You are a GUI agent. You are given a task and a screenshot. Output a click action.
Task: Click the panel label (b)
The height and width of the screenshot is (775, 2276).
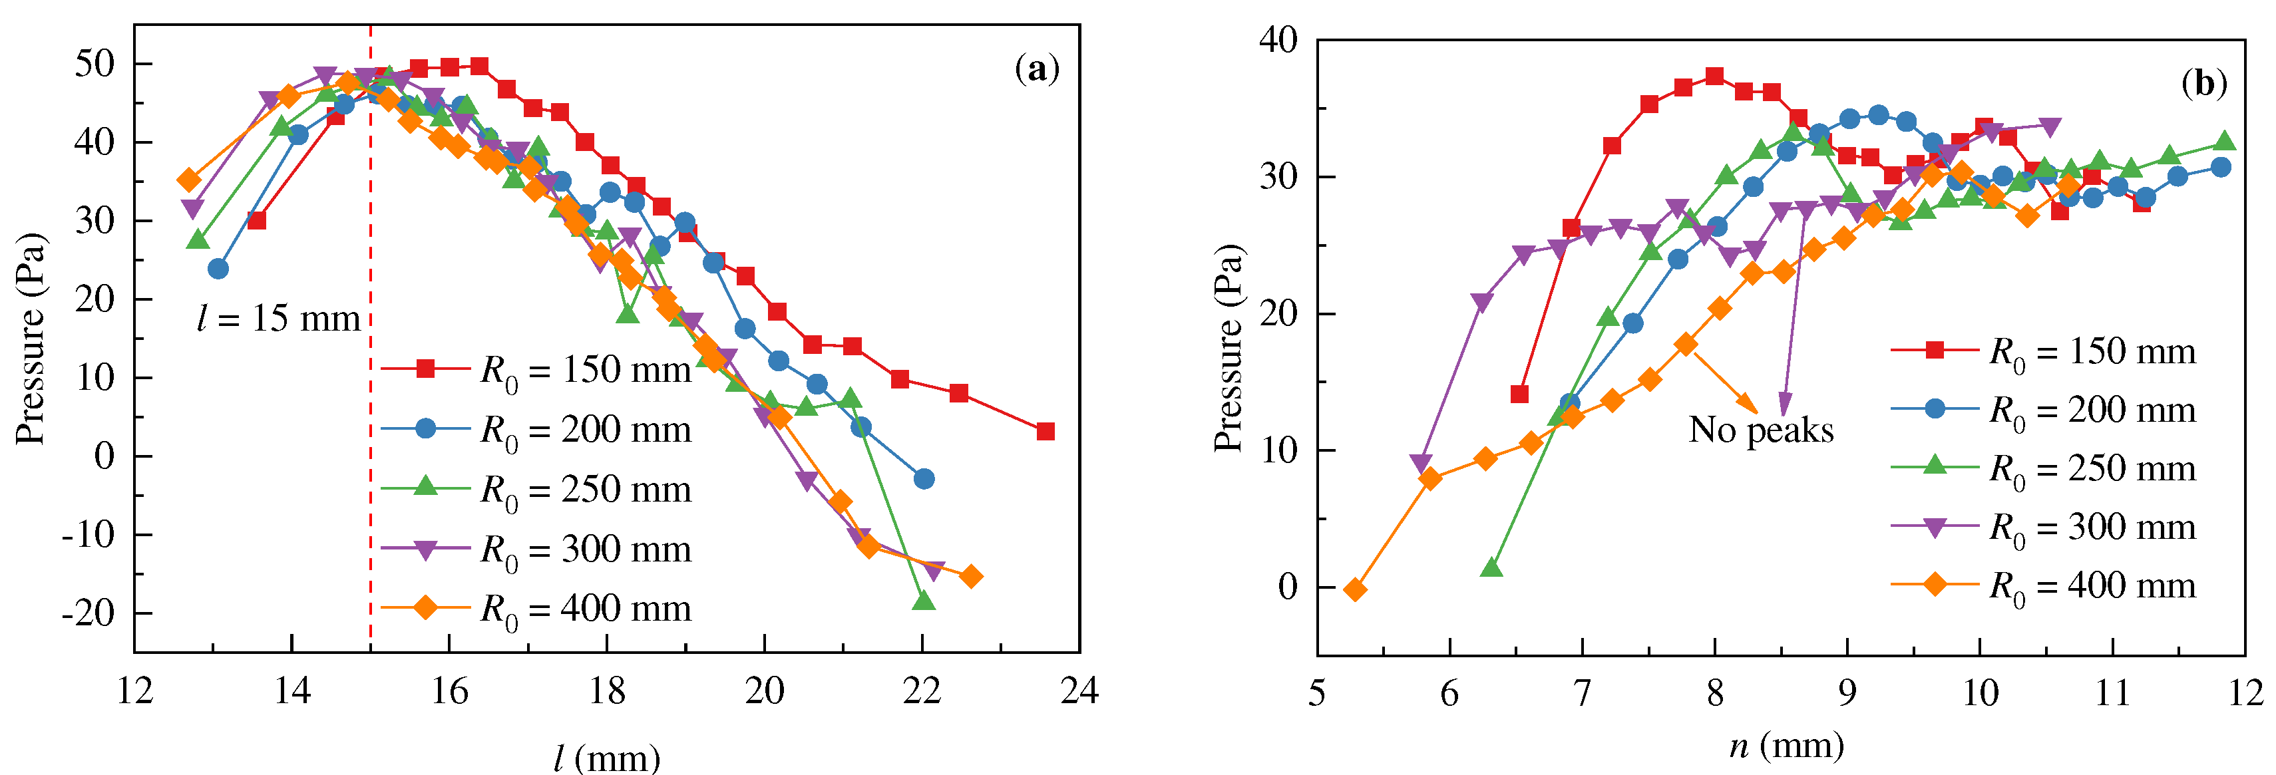click(x=2203, y=83)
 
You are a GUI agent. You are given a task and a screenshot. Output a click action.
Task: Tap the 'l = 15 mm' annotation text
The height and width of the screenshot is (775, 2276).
click(x=278, y=318)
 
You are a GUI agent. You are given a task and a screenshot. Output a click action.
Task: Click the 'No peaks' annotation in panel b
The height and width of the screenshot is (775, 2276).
click(x=1761, y=430)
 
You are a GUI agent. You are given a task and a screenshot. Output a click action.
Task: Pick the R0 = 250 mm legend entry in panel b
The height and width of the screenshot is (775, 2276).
click(x=2043, y=468)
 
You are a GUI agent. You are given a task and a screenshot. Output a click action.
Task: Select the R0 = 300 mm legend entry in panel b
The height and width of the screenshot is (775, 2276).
click(x=2043, y=528)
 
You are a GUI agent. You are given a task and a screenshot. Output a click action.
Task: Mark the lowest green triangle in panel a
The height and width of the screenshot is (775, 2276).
click(x=923, y=601)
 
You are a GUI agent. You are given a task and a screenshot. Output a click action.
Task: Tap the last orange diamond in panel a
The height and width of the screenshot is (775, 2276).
click(x=970, y=576)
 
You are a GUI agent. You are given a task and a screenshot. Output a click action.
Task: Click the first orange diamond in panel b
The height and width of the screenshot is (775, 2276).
click(x=1354, y=589)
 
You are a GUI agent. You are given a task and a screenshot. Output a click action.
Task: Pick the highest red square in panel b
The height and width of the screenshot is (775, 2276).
click(x=1715, y=76)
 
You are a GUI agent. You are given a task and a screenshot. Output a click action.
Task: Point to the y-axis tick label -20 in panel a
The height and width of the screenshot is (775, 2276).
click(x=89, y=613)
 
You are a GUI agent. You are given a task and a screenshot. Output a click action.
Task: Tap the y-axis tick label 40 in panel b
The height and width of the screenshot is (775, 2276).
click(x=1278, y=40)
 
